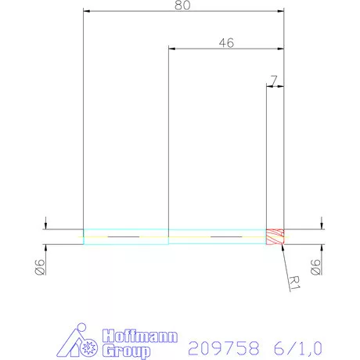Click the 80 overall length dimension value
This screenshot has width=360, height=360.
pos(183,5)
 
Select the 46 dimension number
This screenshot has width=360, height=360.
pos(226,43)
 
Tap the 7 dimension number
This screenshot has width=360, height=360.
pos(272,80)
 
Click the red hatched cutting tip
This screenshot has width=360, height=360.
pos(275,236)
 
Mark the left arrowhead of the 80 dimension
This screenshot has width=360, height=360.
pos(87,12)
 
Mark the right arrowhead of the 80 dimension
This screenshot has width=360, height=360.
pos(279,12)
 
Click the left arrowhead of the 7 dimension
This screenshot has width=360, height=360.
pos(270,87)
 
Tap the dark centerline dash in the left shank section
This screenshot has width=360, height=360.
pos(122,236)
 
